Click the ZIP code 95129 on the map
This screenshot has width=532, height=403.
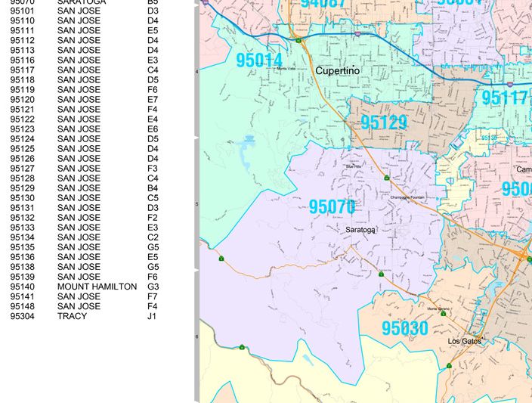pos(384,123)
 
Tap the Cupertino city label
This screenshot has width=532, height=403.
pos(337,71)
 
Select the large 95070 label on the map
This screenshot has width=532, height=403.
pos(332,206)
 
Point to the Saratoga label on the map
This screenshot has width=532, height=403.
pos(360,230)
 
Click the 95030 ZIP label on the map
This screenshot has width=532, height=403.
pos(404,329)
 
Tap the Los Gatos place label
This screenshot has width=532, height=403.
pos(464,341)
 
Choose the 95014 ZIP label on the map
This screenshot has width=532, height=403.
pos(259,60)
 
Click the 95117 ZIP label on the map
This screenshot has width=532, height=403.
pos(504,98)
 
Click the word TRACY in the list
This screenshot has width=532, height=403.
pos(72,316)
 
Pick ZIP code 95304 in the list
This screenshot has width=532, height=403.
pos(23,316)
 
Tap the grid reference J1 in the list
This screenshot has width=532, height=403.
pos(153,316)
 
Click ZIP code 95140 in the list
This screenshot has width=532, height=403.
pos(23,287)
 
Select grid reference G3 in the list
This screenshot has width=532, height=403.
pos(153,287)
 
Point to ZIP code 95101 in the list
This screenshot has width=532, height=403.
pos(23,11)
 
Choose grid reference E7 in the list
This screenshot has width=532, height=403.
pos(153,100)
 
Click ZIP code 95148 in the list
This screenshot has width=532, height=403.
pos(23,306)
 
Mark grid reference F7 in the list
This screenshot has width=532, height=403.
pos(153,297)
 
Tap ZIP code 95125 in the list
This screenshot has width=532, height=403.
pos(23,149)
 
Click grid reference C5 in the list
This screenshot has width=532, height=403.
pos(153,198)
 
